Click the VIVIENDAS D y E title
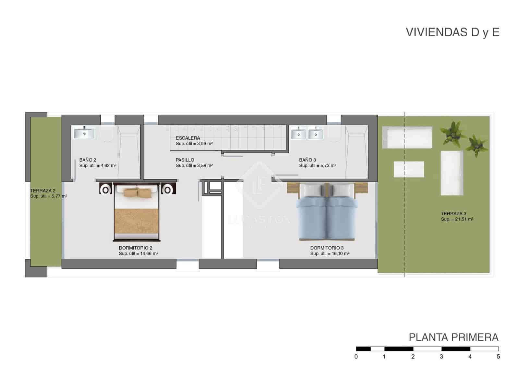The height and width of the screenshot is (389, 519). [x=453, y=32]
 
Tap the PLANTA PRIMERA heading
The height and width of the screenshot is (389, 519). [x=453, y=337]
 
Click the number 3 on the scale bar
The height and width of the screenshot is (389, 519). [x=441, y=357]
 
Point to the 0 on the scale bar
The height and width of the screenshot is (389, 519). [x=356, y=357]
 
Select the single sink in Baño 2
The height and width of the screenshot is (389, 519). [x=84, y=133]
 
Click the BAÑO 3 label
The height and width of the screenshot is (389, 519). [x=307, y=160]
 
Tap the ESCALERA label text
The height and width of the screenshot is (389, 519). [x=188, y=138]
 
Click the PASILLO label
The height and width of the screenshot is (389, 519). [x=185, y=160]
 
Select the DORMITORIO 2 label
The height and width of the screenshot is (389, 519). [x=135, y=248]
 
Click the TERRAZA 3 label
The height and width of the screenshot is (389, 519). [x=453, y=214]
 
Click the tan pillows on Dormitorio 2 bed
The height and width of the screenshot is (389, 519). [x=137, y=192]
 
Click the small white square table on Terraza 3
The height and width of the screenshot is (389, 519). [x=409, y=169]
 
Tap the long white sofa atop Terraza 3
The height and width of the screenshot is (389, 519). [x=407, y=137]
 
